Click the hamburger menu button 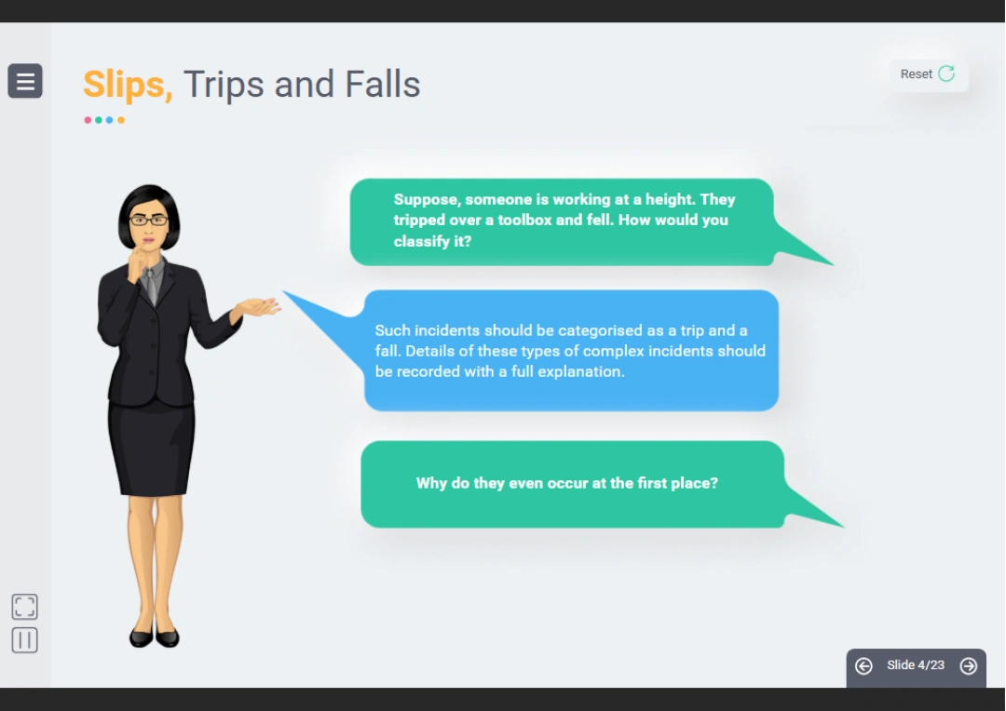click(25, 81)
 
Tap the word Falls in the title click(383, 84)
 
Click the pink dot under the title click(88, 120)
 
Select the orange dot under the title click(120, 120)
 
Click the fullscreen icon click(25, 607)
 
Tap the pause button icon click(25, 640)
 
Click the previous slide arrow click(863, 666)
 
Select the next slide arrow click(968, 666)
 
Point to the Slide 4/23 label click(916, 664)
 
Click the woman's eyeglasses click(148, 221)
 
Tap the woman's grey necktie click(151, 285)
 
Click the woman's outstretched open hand click(258, 306)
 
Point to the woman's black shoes click(155, 637)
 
